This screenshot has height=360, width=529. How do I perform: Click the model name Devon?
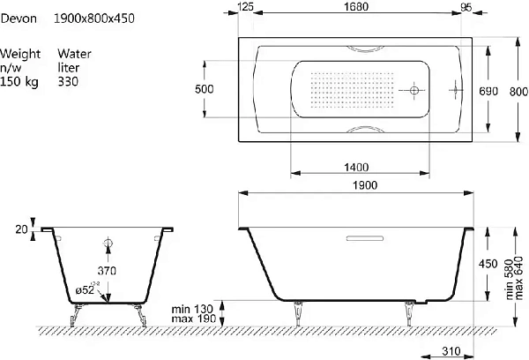click(19, 19)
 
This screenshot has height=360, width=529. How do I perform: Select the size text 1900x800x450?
click(94, 19)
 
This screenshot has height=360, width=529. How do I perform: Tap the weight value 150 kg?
click(19, 81)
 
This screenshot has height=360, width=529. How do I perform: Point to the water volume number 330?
click(68, 81)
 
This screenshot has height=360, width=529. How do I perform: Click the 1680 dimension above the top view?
click(356, 6)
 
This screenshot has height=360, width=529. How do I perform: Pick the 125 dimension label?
click(245, 6)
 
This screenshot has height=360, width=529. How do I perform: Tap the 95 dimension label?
click(466, 7)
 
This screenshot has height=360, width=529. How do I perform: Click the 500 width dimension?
click(205, 89)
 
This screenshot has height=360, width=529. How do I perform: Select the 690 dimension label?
click(488, 91)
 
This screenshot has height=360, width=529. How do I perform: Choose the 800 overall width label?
click(518, 92)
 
